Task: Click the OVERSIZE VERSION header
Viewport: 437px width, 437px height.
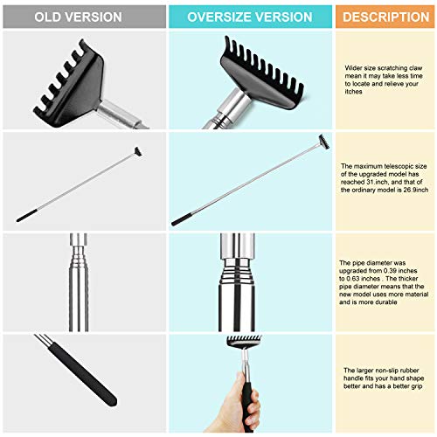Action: [x=249, y=17]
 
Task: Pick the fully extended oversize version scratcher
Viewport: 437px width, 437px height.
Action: [x=249, y=182]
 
